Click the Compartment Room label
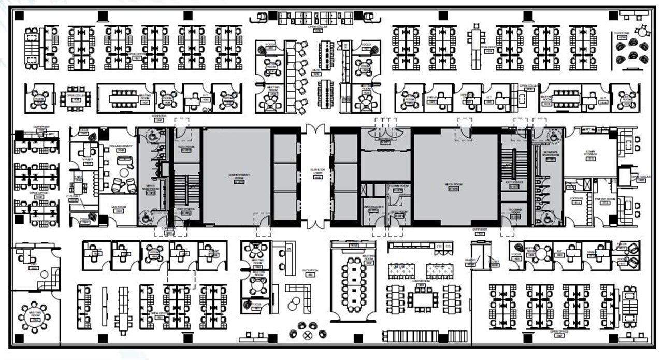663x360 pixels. click(x=236, y=176)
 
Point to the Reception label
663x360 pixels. click(x=310, y=271)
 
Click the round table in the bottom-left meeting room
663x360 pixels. click(x=35, y=316)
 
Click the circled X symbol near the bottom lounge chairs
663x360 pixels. click(x=308, y=335)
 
